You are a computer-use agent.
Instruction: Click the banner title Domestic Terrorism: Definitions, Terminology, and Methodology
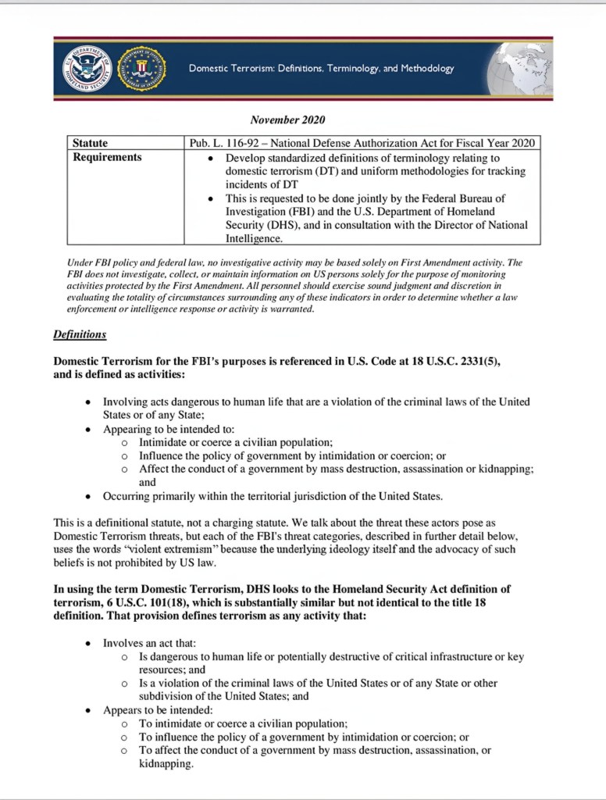click(x=321, y=69)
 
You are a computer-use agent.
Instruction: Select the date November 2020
click(x=287, y=120)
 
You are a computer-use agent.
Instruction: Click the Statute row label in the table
click(x=90, y=143)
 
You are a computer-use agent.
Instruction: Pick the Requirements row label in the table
click(x=107, y=157)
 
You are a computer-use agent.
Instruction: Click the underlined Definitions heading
click(x=80, y=335)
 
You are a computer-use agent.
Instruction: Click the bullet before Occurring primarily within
click(x=88, y=497)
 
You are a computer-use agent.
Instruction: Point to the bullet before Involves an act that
click(x=88, y=644)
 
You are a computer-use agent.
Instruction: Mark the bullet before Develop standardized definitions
click(x=212, y=158)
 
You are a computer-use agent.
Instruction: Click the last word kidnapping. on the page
click(x=166, y=764)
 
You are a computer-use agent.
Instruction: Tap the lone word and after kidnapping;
click(x=148, y=483)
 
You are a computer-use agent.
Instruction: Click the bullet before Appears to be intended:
click(x=88, y=710)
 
